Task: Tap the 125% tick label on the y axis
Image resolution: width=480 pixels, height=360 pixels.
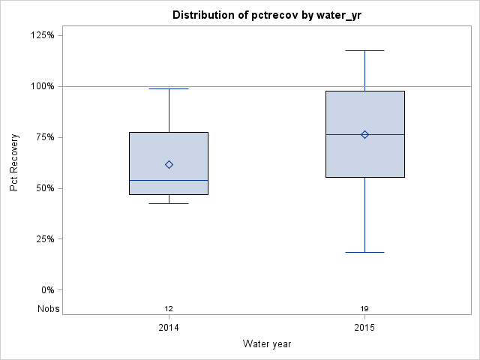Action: coord(42,35)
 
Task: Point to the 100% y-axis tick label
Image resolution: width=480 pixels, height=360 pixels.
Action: coord(42,86)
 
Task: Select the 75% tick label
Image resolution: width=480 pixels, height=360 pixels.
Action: coord(44,137)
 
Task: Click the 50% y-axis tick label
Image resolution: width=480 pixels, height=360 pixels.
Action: coord(44,188)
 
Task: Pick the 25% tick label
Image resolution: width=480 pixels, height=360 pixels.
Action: coord(44,239)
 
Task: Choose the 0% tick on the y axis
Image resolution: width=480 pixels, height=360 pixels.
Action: coord(46,290)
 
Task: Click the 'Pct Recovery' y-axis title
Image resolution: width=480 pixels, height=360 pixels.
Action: coord(14,163)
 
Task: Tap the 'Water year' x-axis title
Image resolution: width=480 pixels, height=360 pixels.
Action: coord(267,344)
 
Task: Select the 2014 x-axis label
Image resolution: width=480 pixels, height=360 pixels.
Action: coord(169,328)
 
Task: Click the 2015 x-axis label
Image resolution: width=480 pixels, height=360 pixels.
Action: coord(364,328)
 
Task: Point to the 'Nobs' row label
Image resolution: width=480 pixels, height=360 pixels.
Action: coord(49,309)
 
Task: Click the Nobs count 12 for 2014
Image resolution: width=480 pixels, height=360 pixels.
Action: coord(169,309)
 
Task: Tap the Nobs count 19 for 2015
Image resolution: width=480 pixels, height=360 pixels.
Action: coord(364,309)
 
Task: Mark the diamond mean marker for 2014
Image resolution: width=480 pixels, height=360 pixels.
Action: coord(169,164)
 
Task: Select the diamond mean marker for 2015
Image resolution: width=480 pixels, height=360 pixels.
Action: coord(364,134)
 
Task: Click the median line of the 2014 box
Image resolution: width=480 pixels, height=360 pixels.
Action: coord(169,180)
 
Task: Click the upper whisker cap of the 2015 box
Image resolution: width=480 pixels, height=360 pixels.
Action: coord(364,50)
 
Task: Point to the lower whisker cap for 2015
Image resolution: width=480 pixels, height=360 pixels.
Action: coord(364,252)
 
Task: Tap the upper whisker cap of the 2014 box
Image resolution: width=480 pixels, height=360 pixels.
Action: coord(169,88)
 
